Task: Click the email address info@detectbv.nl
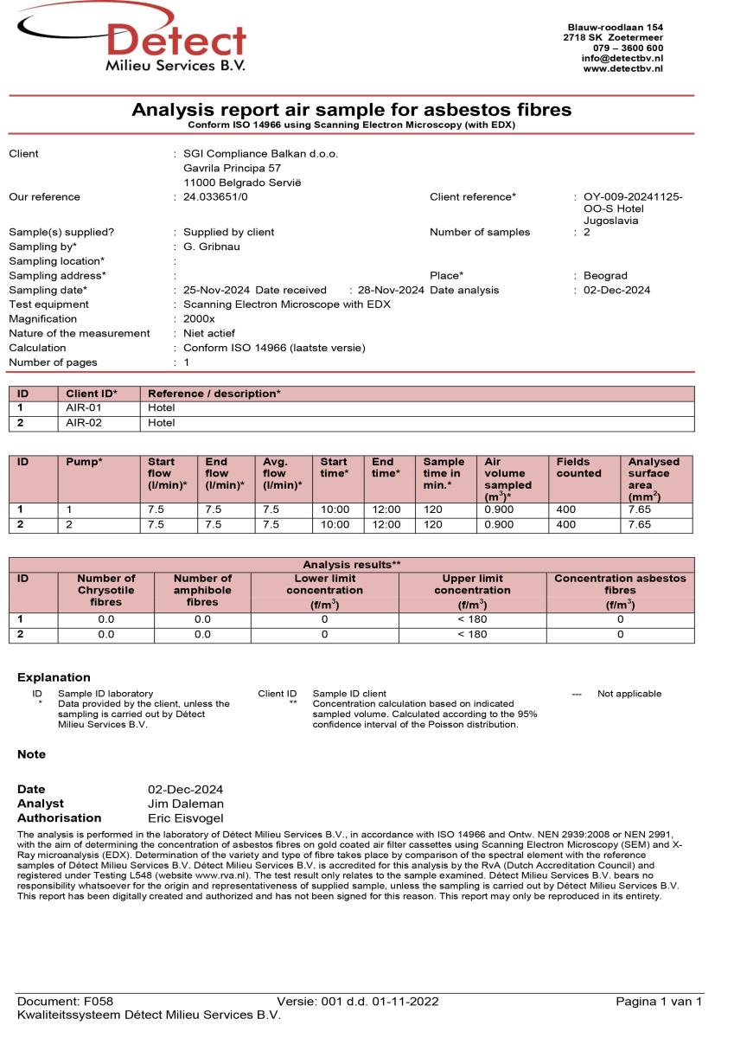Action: tap(622, 58)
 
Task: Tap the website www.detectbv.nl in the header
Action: tap(623, 68)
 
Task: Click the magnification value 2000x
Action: tap(200, 319)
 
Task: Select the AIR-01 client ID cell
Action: tap(84, 408)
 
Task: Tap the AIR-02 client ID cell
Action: tap(84, 423)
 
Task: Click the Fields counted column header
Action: tap(579, 468)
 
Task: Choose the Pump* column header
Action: tap(84, 462)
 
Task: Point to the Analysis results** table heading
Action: tap(351, 564)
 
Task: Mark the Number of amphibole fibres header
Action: tap(202, 590)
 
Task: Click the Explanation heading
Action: tap(54, 678)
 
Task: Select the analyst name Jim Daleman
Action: tap(186, 804)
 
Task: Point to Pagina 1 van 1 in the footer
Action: tap(659, 1002)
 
